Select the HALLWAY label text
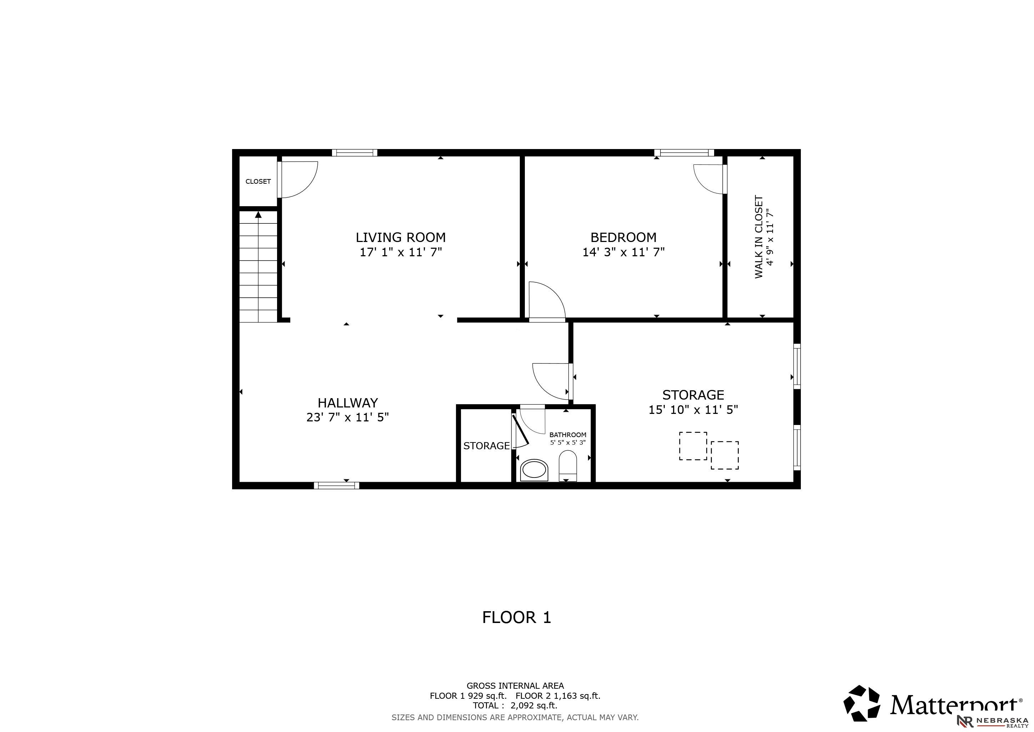(348, 402)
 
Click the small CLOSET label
(258, 181)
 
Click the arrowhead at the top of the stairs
(258, 214)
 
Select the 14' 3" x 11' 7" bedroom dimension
(623, 252)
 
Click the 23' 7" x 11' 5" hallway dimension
(348, 417)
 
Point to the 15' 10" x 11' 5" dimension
(693, 410)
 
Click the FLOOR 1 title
(517, 617)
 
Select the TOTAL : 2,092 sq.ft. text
(515, 706)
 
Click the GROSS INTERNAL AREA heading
(515, 686)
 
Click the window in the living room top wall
(355, 152)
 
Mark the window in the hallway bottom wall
(336, 485)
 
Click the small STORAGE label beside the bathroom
(486, 446)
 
